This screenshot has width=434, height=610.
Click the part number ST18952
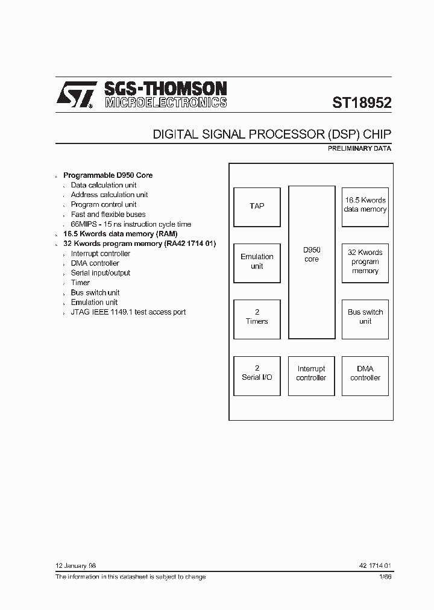(362, 102)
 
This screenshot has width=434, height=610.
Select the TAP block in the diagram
(257, 206)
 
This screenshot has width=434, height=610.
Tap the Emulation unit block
(257, 262)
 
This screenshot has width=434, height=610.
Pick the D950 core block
(312, 262)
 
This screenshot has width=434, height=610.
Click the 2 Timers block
(257, 317)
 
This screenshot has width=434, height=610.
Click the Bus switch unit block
(365, 317)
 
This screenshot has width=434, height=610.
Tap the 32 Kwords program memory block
(365, 262)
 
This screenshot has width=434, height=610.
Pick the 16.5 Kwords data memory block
(365, 206)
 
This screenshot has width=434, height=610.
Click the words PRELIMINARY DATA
(360, 148)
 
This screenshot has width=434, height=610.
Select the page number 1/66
(385, 577)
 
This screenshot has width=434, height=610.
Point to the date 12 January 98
(75, 566)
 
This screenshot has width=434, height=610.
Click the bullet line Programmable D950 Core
(108, 175)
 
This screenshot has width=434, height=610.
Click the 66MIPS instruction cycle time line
(131, 224)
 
